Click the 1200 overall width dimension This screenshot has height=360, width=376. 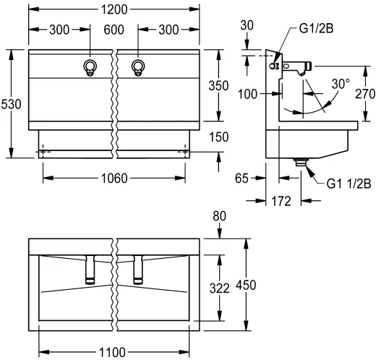coord(114,9)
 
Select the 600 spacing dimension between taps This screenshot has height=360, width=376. coord(114,30)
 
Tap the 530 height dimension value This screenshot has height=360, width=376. coord(11,104)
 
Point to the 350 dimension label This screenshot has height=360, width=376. coord(218,86)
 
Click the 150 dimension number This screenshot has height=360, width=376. coord(218,137)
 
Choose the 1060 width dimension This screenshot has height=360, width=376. coord(114,179)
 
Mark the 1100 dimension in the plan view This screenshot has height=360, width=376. coord(112,353)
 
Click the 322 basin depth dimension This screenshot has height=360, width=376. coord(219,288)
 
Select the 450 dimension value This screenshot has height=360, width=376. coord(246,285)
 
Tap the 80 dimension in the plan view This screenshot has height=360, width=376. coord(219,216)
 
